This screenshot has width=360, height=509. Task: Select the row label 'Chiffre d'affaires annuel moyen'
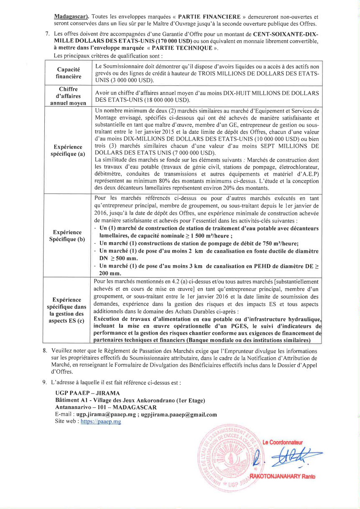click(x=69, y=96)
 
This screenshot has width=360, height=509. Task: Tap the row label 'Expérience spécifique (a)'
click(x=69, y=150)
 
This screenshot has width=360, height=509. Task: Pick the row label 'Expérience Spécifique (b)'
click(x=69, y=235)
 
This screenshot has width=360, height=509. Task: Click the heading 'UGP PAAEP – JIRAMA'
click(x=87, y=393)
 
